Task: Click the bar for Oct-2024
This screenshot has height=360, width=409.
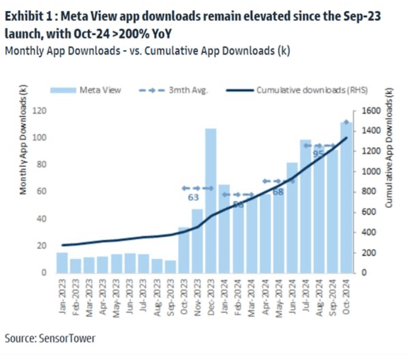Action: [x=346, y=197]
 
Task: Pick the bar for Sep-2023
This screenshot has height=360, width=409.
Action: [x=171, y=266]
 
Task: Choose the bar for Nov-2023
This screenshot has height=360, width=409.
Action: [x=197, y=241]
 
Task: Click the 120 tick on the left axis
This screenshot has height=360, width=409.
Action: [x=42, y=111]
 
